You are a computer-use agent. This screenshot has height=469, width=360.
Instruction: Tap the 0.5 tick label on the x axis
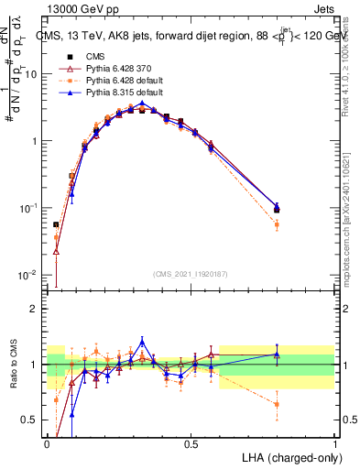191,444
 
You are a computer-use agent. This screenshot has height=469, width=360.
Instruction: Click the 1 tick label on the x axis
334,444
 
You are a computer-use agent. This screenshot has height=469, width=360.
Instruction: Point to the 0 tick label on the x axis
48,444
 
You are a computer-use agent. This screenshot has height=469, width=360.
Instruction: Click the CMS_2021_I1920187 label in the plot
191,273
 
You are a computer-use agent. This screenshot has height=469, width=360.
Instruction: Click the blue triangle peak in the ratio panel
142,341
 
